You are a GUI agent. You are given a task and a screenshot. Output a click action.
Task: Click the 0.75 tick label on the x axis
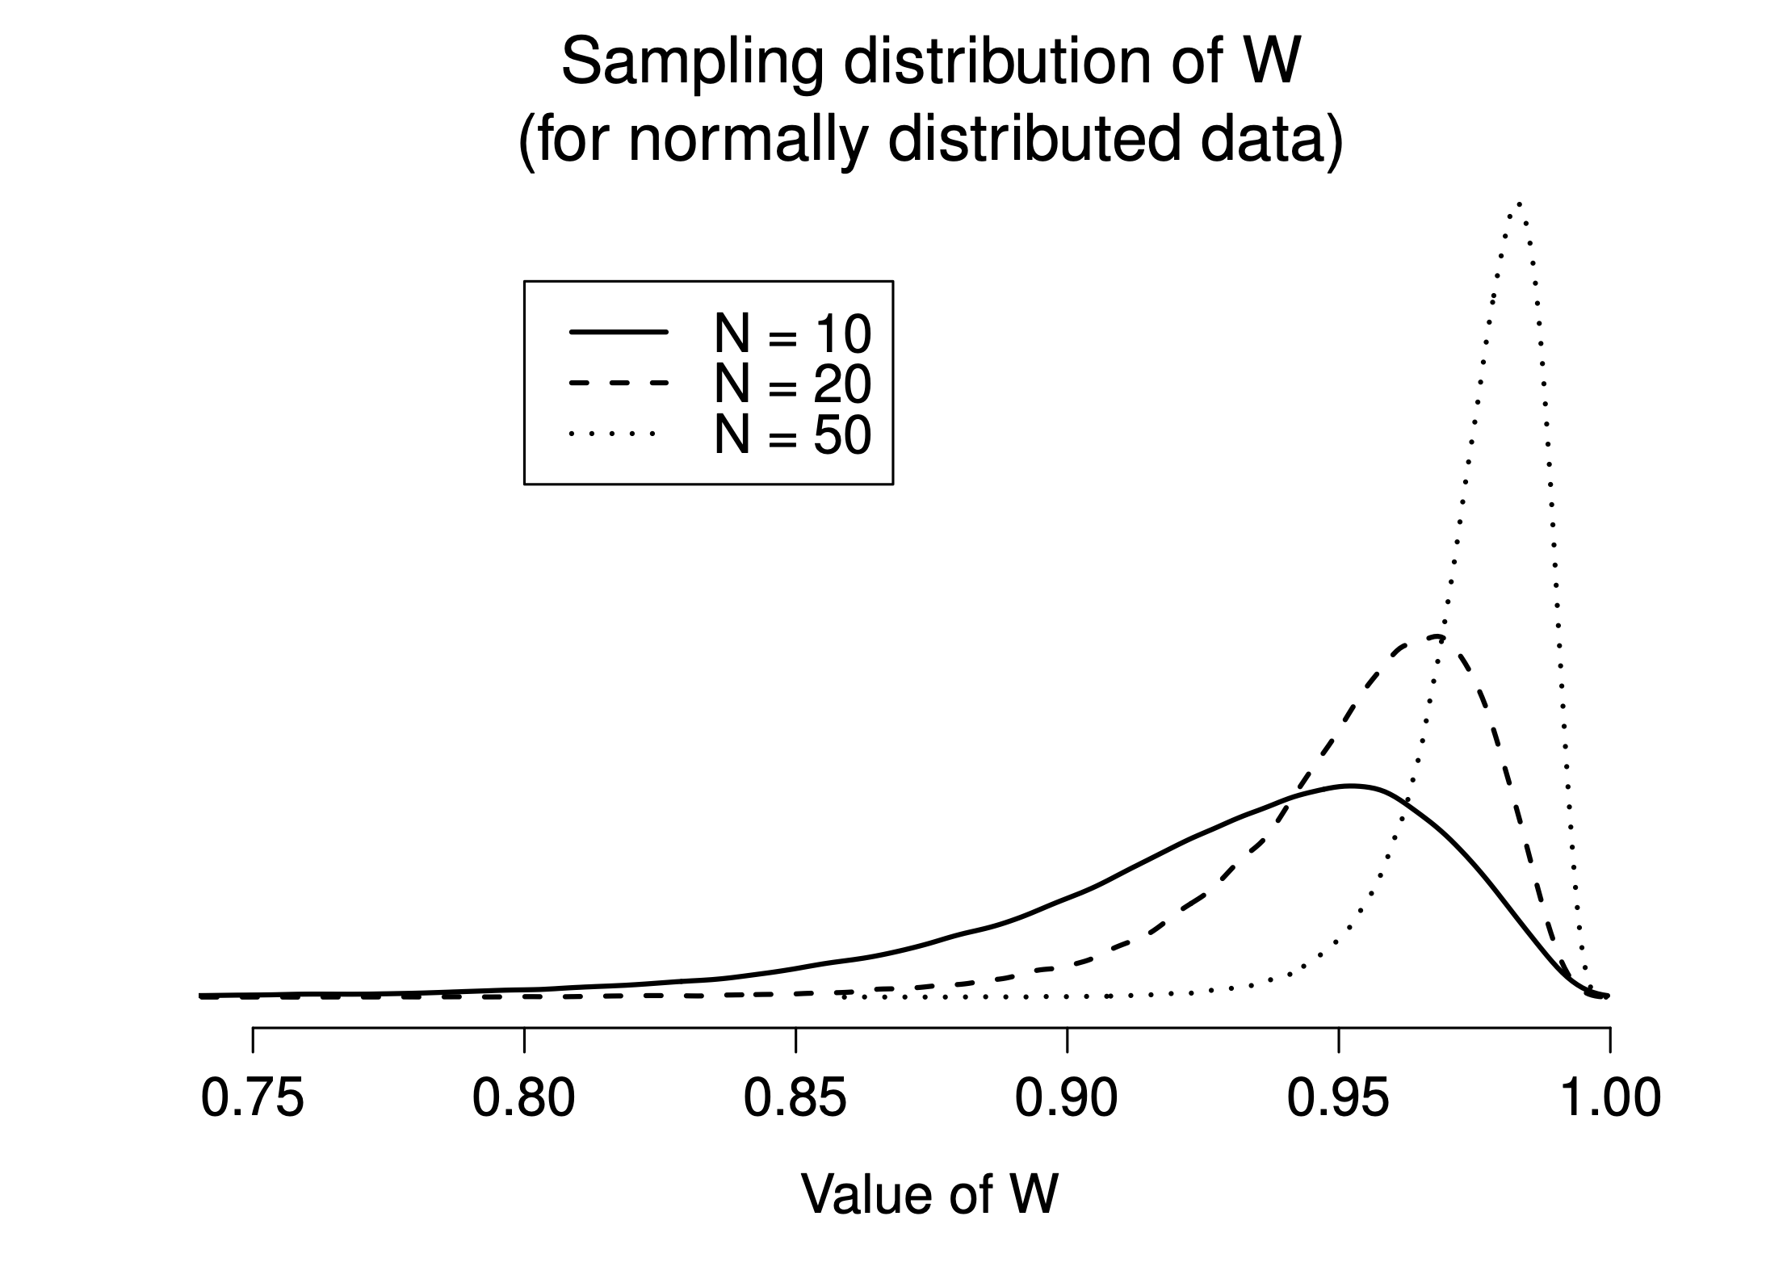point(252,1099)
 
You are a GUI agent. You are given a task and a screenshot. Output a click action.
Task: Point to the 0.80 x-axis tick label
point(523,1099)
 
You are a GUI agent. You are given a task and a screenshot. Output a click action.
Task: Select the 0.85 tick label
point(795,1099)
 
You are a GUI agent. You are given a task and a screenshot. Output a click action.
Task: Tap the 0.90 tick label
point(1066,1099)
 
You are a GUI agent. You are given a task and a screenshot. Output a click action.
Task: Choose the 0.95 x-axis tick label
point(1338,1099)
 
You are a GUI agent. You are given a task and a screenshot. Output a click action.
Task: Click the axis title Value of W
point(929,1193)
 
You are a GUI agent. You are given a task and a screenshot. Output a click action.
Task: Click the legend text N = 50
point(792,435)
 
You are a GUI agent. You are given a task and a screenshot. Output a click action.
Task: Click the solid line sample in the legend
point(619,332)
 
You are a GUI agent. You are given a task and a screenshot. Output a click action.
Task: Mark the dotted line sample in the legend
point(614,434)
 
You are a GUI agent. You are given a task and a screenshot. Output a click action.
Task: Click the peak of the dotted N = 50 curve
point(1519,203)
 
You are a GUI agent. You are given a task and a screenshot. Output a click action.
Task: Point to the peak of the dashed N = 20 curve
point(1433,638)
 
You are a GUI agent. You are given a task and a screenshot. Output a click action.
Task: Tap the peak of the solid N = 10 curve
point(1350,786)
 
